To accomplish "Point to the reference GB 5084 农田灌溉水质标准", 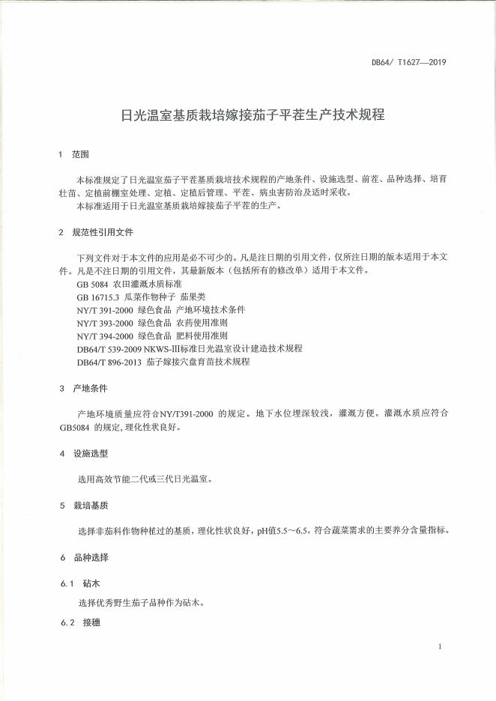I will tap(129, 285).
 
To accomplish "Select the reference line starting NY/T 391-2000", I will tap(160, 309).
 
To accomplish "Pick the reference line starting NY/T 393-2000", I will tap(157, 323).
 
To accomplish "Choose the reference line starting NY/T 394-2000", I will tap(157, 336).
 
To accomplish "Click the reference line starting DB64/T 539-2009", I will tap(189, 348).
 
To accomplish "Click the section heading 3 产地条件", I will tap(83, 389).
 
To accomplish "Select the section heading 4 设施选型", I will tap(83, 454).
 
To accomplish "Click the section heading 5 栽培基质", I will tap(83, 506).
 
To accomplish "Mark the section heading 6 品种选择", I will tap(83, 558).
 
